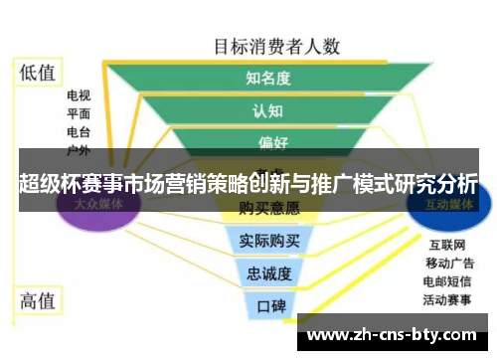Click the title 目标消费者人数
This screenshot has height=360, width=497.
(x=277, y=45)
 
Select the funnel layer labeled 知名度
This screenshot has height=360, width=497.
(x=268, y=78)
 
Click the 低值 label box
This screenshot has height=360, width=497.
(x=39, y=72)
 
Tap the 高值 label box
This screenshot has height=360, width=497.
(x=39, y=299)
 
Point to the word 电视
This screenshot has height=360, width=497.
(x=79, y=96)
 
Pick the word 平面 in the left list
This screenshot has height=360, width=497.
(x=79, y=114)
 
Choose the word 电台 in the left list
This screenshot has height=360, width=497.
(x=79, y=132)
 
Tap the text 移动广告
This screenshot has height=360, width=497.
(x=447, y=263)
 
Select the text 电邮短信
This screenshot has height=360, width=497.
(x=447, y=280)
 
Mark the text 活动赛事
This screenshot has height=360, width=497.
(x=447, y=298)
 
